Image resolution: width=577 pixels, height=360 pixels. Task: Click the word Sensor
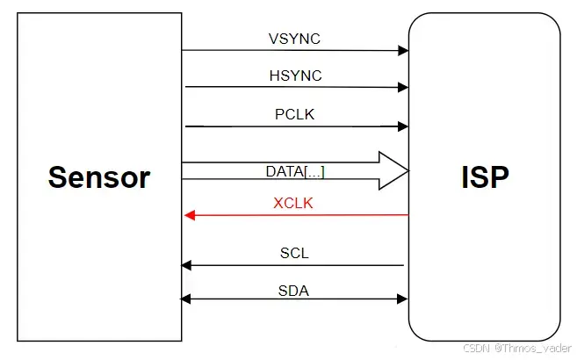coord(99,176)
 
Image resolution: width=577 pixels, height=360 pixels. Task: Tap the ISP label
coord(484,176)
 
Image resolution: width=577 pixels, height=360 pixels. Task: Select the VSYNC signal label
coord(295,40)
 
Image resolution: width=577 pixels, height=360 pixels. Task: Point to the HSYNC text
coord(295,76)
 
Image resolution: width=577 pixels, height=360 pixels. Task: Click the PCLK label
coord(295,115)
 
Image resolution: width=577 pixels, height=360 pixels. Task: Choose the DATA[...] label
coord(295,171)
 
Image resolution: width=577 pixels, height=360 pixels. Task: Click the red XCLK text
coord(293,203)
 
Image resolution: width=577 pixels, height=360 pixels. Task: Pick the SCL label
coord(294,254)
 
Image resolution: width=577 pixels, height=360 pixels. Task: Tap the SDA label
coord(294,291)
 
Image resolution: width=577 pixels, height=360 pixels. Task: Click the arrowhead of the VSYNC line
coord(403,51)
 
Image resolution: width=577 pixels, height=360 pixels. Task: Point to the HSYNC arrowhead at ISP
coord(403,87)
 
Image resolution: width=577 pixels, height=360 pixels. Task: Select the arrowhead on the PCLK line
coord(403,126)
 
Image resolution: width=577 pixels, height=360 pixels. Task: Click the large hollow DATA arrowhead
coord(392,170)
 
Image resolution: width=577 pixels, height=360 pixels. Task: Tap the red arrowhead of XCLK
coord(188,215)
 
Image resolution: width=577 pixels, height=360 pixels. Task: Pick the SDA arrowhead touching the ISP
coord(403,300)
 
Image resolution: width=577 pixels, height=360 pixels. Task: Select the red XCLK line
coord(299,215)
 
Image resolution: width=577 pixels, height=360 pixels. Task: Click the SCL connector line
coord(299,264)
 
